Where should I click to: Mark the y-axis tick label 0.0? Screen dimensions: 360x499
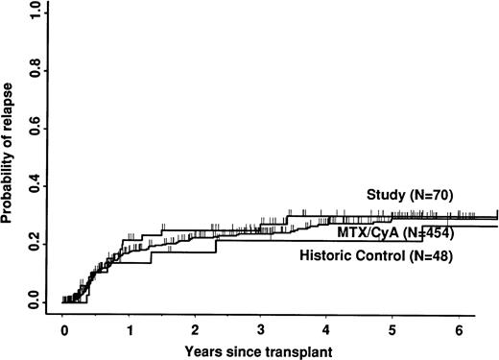[x=35, y=303]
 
